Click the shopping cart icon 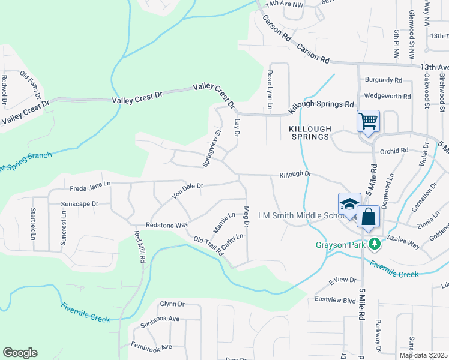(367, 121)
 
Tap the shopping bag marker (369, 217)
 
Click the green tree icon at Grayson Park (374, 244)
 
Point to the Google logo (20, 353)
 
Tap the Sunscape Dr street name (79, 204)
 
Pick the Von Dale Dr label (188, 190)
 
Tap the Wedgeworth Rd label (387, 96)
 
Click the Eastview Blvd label (335, 299)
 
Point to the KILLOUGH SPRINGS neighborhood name (309, 133)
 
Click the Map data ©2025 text (423, 355)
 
